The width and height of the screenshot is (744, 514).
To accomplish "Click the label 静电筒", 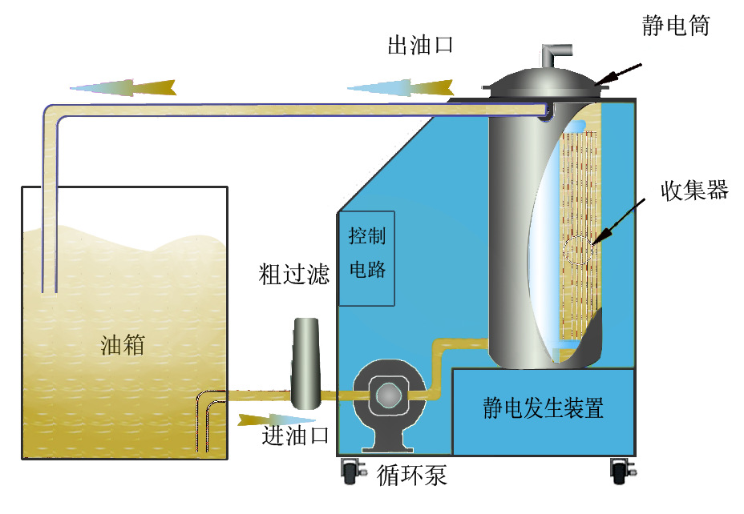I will [x=676, y=26].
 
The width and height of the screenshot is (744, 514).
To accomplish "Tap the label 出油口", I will [x=421, y=45].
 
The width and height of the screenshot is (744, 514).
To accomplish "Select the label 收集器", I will [x=693, y=190].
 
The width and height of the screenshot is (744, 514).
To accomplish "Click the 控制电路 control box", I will [x=367, y=258].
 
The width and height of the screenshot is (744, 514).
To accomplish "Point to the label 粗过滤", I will [x=294, y=275].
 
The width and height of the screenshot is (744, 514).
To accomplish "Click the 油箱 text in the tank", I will [x=123, y=345].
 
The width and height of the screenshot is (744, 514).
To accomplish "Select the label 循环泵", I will [x=411, y=476].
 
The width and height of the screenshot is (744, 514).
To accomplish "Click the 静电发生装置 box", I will [x=543, y=410].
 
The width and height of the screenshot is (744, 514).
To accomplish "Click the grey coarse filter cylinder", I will [x=305, y=361].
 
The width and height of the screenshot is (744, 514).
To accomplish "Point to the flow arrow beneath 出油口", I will [x=401, y=86].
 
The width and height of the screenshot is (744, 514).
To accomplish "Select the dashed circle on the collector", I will [x=579, y=251].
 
